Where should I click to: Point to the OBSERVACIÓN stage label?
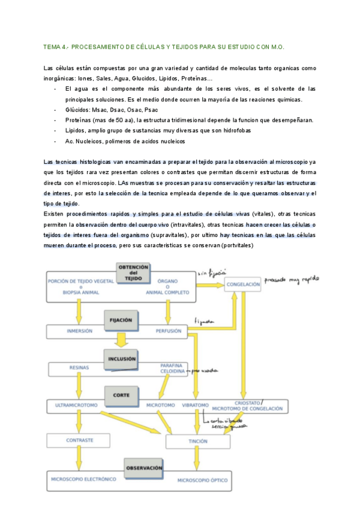[144, 467]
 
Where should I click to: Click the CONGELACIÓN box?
[244, 285]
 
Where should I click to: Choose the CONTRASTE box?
[79, 440]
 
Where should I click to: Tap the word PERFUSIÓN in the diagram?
[169, 331]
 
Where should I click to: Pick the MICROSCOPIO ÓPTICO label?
[202, 480]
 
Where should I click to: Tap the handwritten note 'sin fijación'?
[209, 274]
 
